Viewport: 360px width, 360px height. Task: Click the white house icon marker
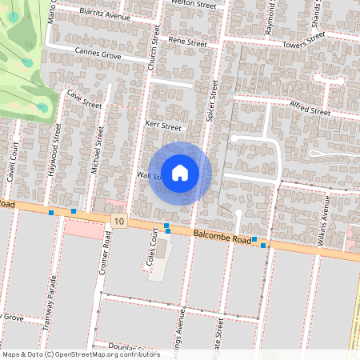pos(180,173)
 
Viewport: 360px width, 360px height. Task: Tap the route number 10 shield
pos(119,221)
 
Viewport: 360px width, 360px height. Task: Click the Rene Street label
pos(187,41)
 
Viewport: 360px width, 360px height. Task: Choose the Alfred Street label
pos(310,110)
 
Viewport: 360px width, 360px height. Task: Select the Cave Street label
pos(85,99)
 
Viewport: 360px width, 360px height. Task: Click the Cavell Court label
pos(14,162)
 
